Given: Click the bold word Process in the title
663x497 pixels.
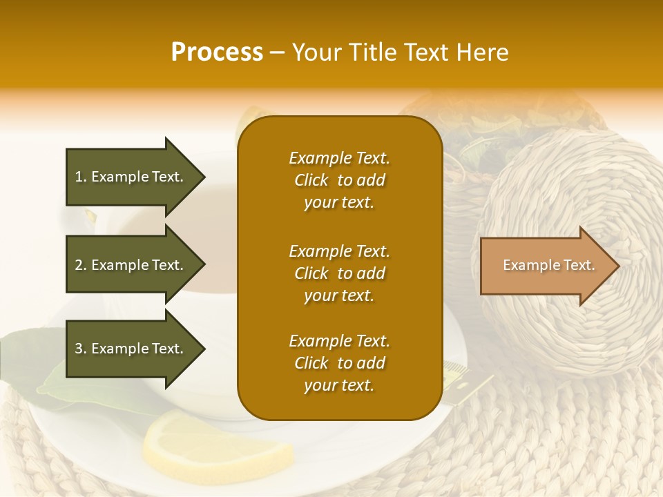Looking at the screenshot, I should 217,52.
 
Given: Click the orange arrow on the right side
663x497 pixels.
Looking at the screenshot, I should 546,266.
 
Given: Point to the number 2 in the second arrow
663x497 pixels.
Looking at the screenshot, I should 79,265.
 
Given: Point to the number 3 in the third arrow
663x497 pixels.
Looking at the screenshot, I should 79,349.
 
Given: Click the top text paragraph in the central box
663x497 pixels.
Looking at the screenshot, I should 339,180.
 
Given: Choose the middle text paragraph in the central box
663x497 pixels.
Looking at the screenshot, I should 339,273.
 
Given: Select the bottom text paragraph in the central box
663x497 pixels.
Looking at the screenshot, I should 339,363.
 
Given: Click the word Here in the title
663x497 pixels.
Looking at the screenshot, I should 485,52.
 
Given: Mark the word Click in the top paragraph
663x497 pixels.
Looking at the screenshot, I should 311,180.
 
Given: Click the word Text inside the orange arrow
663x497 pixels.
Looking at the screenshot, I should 579,265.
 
